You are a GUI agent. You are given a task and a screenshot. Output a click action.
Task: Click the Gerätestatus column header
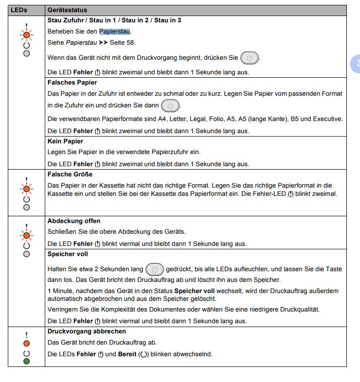[67, 10]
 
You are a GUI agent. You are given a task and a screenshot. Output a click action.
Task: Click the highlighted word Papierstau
[115, 32]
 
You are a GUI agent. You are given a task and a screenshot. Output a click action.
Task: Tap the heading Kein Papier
[65, 141]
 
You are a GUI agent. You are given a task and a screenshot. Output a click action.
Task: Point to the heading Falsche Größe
[70, 174]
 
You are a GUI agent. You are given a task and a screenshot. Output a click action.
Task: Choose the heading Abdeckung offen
[74, 221]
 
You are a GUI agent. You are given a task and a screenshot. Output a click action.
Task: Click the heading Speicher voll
[68, 254]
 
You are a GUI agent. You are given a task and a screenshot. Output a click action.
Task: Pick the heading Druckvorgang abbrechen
[87, 331]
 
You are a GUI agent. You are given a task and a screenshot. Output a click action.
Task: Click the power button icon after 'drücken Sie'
[250, 58]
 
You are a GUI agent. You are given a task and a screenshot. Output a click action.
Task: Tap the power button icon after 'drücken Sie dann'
[170, 105]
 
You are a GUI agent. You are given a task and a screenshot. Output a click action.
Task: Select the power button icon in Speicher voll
[155, 269]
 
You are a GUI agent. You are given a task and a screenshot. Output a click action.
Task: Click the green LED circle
[27, 362]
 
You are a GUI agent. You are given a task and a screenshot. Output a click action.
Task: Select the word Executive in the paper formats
[327, 119]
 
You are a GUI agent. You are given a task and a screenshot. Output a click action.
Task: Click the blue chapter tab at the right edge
[356, 63]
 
